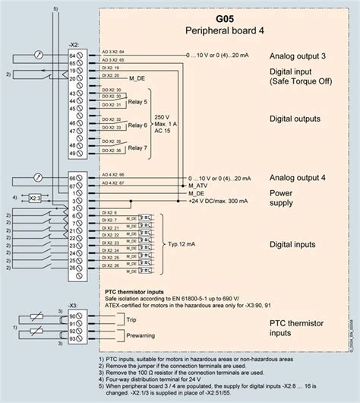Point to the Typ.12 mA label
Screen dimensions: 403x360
(179, 245)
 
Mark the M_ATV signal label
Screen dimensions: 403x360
(197, 185)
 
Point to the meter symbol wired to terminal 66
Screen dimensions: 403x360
(37, 177)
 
